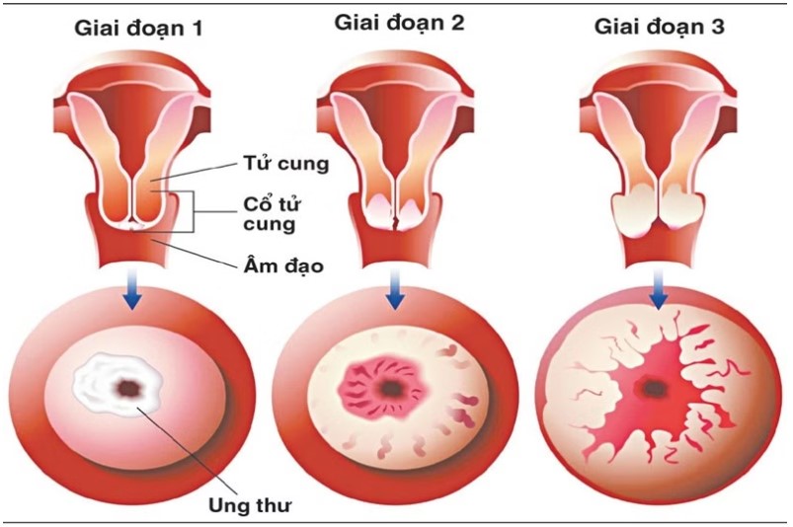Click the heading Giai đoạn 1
(x=135, y=28)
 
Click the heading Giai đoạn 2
(x=399, y=21)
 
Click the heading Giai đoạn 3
(x=659, y=27)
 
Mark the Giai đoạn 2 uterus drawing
(x=396, y=158)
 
